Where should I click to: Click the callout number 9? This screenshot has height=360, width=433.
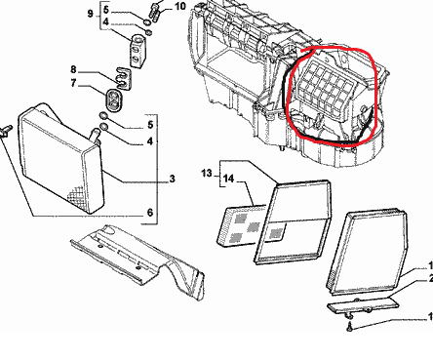[91, 14]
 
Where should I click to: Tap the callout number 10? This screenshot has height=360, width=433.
[180, 6]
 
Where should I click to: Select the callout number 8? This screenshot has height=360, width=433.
[73, 69]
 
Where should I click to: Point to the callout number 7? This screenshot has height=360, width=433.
[73, 83]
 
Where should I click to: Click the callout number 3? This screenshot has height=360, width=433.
[172, 179]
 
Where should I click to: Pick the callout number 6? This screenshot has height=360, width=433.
[150, 213]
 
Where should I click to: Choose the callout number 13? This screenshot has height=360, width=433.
[207, 173]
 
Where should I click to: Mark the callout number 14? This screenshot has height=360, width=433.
[228, 179]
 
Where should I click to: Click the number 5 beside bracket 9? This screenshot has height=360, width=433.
[106, 10]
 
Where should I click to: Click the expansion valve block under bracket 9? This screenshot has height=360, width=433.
[138, 52]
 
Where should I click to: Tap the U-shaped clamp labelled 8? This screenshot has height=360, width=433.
[123, 78]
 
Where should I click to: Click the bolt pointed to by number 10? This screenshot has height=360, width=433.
[155, 11]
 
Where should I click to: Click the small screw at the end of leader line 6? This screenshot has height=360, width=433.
[6, 131]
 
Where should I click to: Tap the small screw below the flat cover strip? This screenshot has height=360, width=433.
[349, 327]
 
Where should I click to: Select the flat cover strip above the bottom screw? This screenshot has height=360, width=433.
[363, 304]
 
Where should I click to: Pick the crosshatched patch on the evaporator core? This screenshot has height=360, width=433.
[79, 196]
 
